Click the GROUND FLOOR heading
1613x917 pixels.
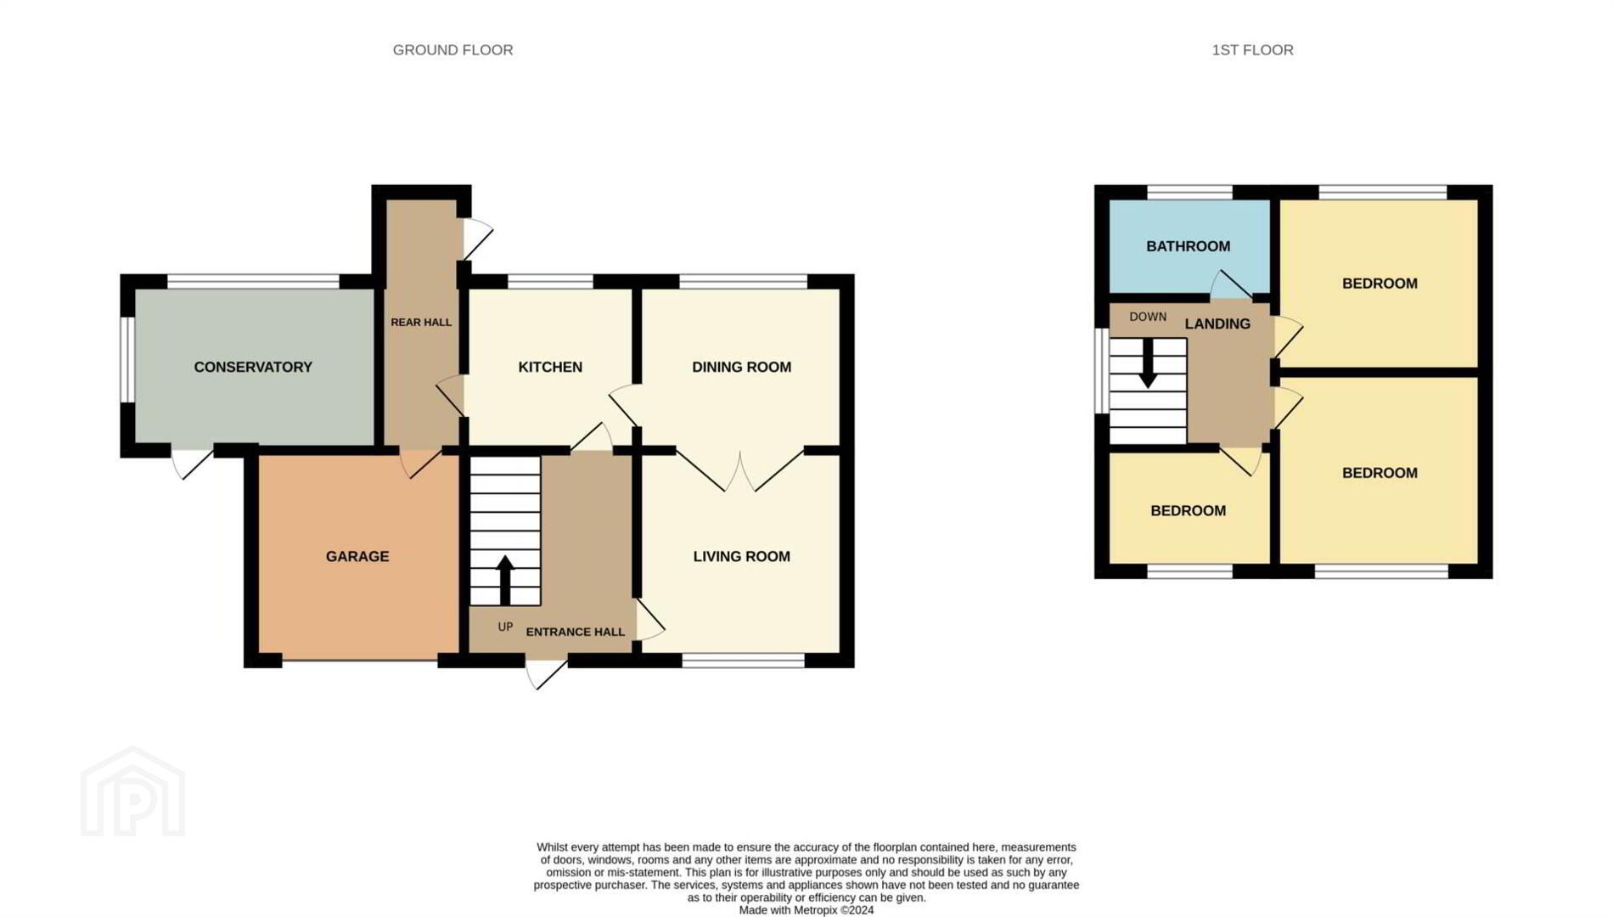(x=452, y=50)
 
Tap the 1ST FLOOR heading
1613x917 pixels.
(x=1252, y=50)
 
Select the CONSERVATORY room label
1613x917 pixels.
(x=253, y=367)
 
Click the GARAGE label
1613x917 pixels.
(x=357, y=556)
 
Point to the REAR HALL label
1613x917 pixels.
(x=421, y=323)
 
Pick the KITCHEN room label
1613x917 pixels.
(x=550, y=367)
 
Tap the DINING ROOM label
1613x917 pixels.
(x=741, y=367)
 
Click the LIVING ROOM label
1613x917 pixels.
(x=741, y=556)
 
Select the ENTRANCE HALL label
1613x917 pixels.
(x=576, y=632)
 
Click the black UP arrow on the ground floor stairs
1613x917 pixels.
(x=505, y=579)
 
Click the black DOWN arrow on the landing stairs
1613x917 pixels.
(x=1148, y=363)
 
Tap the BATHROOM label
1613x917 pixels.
(x=1188, y=246)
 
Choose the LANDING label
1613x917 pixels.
(x=1217, y=323)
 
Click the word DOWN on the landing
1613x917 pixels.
(x=1148, y=317)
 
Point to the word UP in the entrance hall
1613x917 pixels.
(x=505, y=627)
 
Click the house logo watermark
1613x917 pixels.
(x=132, y=791)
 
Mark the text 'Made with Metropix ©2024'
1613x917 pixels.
(x=806, y=910)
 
